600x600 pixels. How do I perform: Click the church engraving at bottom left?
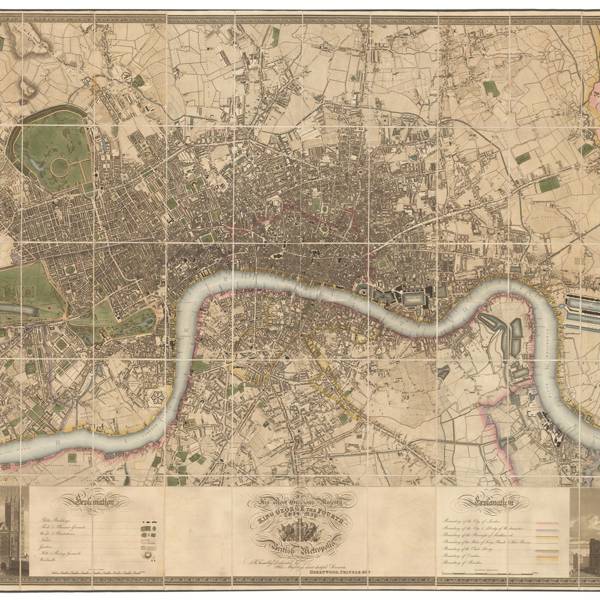pos(14,534)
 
